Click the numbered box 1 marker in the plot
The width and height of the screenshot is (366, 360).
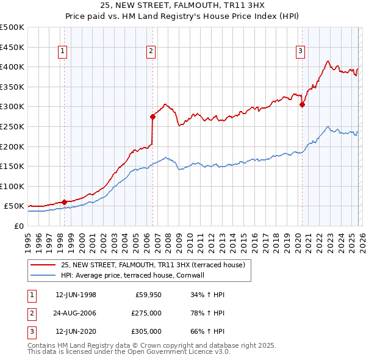tap(64, 52)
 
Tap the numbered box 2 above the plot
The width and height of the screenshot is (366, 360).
tap(151, 52)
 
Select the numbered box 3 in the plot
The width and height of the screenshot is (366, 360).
tap(301, 52)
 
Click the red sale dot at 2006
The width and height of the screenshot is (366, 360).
tap(152, 117)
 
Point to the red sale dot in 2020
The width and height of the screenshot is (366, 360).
tap(302, 105)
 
